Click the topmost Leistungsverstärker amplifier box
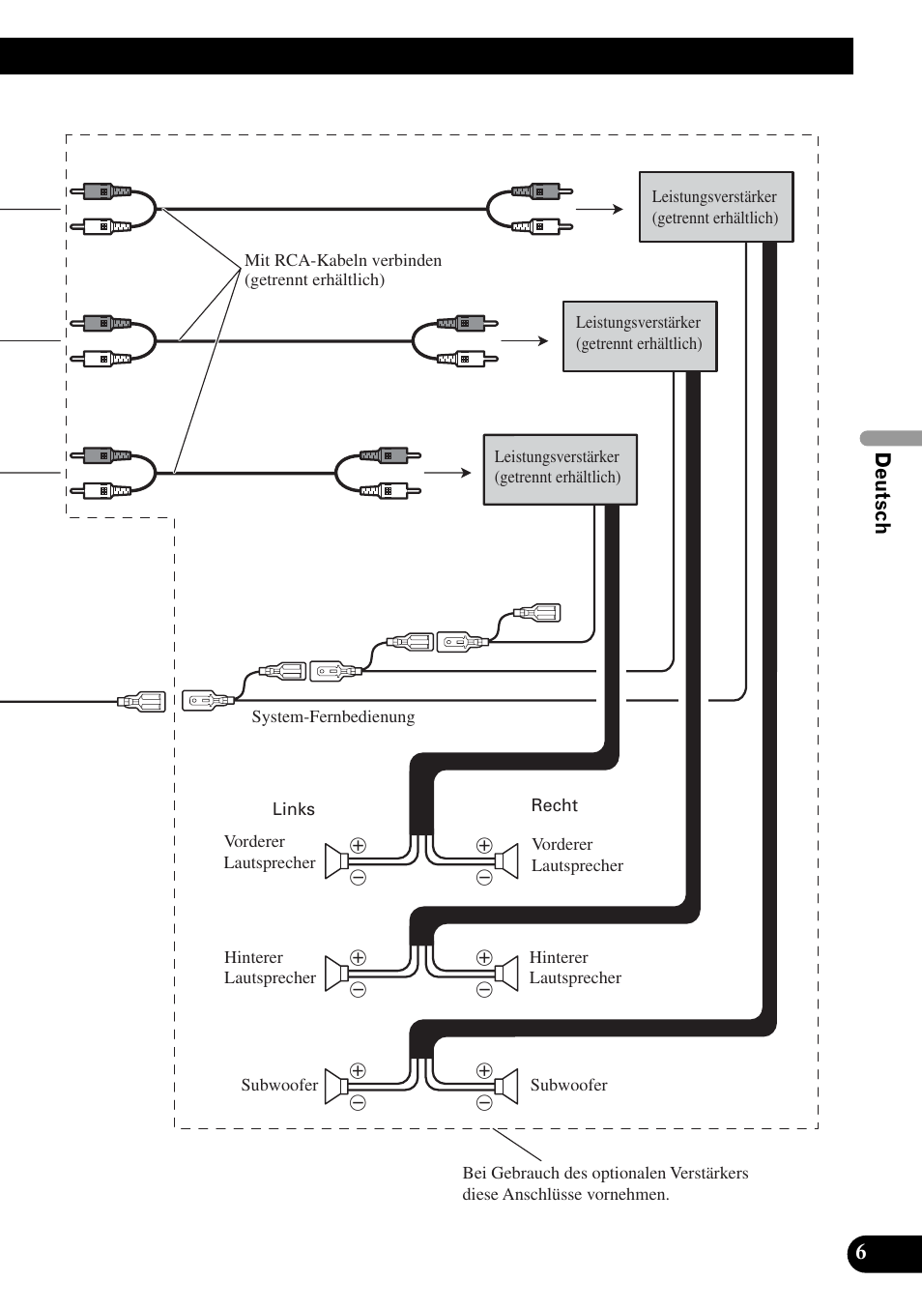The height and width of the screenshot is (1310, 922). pos(715,207)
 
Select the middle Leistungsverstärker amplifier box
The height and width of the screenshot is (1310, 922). pos(640,335)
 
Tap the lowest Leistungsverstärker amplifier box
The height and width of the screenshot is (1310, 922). pos(560,469)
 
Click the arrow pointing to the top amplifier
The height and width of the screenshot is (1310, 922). pos(600,209)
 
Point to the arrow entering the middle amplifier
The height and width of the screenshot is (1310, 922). pos(525,340)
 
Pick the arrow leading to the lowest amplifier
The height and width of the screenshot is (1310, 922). pos(447,473)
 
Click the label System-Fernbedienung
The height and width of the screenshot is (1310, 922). pos(332,717)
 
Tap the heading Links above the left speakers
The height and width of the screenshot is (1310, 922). pos(293,809)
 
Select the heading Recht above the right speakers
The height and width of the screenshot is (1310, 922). pos(554,805)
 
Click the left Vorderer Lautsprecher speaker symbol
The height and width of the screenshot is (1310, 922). pos(336,860)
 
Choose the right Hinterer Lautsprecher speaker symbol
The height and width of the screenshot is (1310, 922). pos(506,974)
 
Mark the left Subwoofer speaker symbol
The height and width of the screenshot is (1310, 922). pos(336,1087)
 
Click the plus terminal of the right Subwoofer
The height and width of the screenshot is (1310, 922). pos(484,1071)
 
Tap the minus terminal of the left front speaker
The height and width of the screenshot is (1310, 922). pos(358,878)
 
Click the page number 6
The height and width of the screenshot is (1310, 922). pos(861,1253)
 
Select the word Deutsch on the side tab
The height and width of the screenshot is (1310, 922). pos(881,493)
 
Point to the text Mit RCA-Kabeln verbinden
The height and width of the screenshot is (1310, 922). pos(343,260)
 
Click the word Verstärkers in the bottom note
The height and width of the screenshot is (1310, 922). pos(710,1174)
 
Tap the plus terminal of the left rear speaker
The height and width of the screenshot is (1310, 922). pos(358,958)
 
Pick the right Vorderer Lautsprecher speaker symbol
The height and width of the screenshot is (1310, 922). pos(506,860)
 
